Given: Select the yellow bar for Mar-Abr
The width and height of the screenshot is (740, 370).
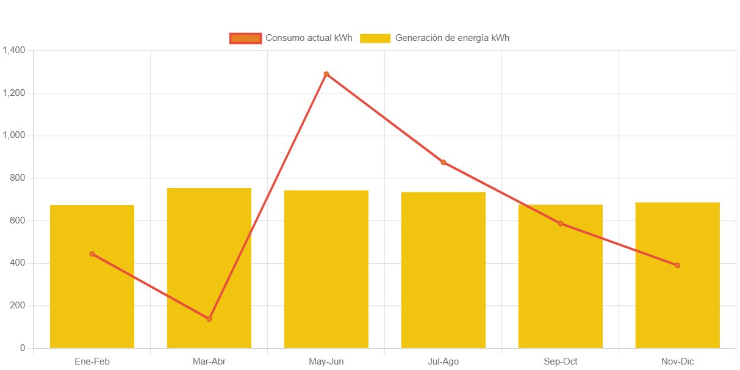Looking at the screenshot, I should tap(209, 256).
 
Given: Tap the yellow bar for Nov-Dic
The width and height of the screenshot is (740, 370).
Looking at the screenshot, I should tap(677, 305).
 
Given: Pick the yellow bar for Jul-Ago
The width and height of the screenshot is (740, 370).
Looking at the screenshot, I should tap(443, 275).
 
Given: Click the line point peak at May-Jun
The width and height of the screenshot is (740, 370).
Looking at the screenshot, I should tap(326, 74).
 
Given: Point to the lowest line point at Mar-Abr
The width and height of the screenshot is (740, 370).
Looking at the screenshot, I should tap(209, 319).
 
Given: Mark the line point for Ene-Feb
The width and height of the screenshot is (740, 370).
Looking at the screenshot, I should tap(92, 254).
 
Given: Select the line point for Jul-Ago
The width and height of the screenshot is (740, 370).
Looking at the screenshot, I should tap(444, 162).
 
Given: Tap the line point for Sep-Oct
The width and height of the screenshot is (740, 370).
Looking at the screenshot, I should tap(560, 223).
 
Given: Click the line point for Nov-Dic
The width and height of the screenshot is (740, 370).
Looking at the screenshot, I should tap(677, 266).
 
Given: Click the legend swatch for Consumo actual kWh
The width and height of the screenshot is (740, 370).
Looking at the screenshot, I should tap(245, 38).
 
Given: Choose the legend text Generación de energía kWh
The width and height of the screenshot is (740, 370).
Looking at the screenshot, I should tap(452, 38).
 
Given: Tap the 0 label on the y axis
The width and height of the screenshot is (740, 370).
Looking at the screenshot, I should tap(23, 348).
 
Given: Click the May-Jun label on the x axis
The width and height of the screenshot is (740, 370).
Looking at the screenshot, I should tap(326, 361).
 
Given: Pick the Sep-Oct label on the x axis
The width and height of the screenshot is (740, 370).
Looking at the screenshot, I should tap(560, 361).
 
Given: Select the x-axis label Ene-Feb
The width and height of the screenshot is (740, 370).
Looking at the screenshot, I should tap(92, 361).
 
